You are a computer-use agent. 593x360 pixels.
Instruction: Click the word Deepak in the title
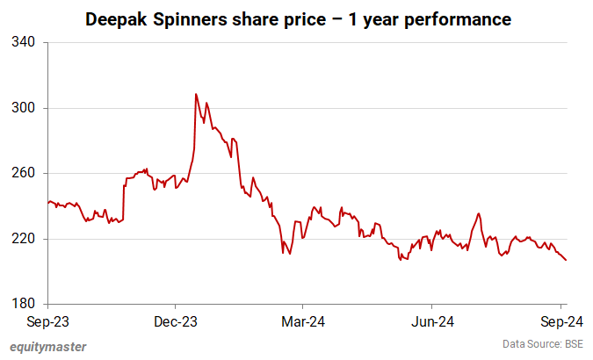113,18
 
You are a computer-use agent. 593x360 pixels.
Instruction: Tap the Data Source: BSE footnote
542,343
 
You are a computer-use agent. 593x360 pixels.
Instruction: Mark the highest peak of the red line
196,94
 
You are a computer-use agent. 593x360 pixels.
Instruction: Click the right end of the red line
566,260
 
